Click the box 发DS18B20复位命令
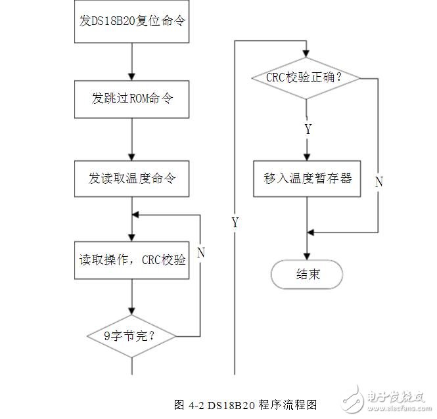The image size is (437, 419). coord(132,20)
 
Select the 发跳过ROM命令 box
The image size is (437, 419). coord(132,99)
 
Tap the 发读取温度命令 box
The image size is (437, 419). coord(132,178)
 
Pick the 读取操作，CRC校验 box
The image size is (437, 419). coord(132,259)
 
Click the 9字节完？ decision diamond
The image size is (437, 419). coord(132,336)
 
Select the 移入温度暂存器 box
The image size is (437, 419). coord(307,177)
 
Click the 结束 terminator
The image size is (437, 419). coord(307,275)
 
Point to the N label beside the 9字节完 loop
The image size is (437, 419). coord(200,252)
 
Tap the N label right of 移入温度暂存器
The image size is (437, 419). coord(379,182)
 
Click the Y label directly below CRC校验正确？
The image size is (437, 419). coord(308,129)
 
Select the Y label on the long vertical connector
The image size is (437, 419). coord(235,223)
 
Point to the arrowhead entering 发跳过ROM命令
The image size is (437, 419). coord(132,77)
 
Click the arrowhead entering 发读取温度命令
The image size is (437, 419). coord(132,156)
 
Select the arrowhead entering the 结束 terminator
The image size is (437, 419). coord(307,257)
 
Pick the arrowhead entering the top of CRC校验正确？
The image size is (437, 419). coord(307,54)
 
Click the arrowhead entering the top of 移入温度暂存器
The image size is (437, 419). coord(307,156)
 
